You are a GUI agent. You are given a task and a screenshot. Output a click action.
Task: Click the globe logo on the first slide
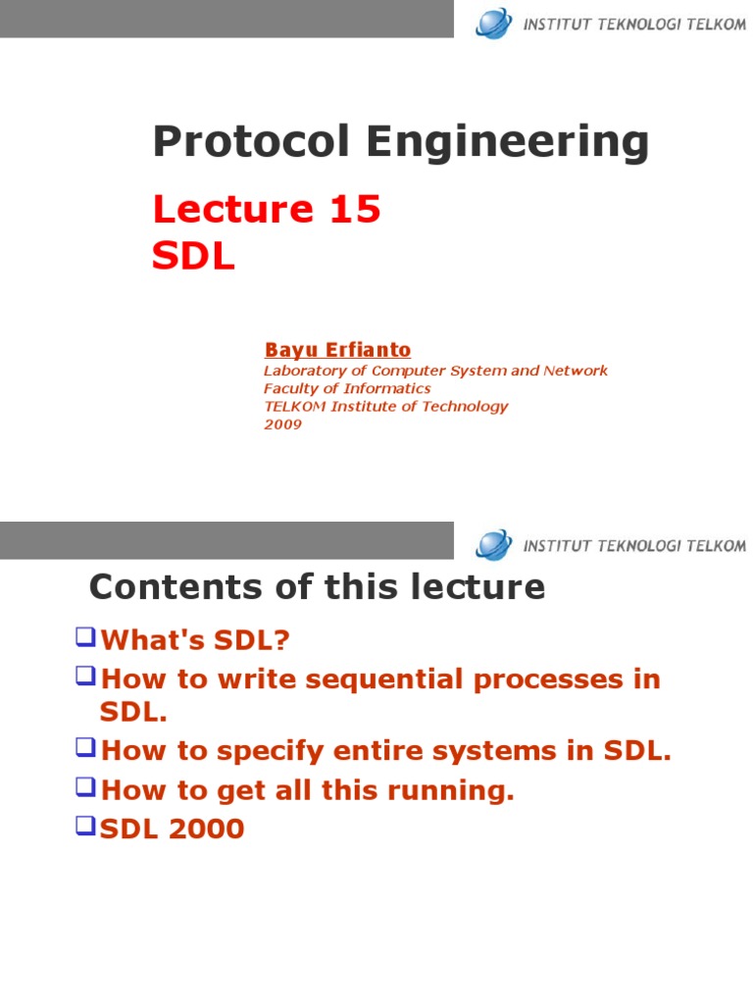(494, 24)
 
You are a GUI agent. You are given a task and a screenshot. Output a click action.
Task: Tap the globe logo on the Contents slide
(494, 545)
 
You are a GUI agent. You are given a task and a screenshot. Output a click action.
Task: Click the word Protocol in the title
(252, 141)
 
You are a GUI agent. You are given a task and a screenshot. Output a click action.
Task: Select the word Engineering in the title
(508, 142)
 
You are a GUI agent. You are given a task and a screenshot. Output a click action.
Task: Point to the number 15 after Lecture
(355, 210)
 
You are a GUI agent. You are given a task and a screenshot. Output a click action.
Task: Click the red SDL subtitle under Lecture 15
(193, 256)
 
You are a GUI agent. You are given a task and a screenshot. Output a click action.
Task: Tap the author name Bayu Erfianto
(337, 350)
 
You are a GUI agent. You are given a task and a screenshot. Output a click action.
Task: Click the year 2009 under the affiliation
(282, 424)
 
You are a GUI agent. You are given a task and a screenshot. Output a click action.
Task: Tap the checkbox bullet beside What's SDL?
(85, 637)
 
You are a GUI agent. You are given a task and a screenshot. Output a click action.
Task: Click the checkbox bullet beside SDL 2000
(85, 826)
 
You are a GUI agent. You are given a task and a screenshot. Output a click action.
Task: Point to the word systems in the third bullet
(494, 751)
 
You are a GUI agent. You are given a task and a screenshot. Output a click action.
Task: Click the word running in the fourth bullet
(451, 791)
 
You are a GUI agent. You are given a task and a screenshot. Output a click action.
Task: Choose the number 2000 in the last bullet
(207, 828)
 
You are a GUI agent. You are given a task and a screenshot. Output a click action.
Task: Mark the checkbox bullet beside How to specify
(85, 747)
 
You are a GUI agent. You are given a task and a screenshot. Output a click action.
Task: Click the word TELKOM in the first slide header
(716, 25)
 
